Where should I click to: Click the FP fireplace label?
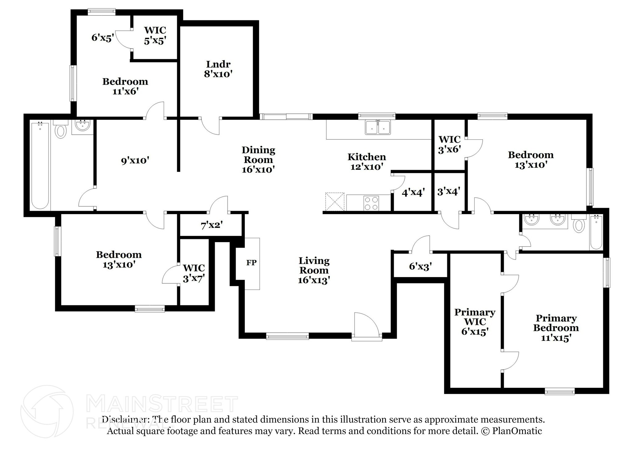pyautogui.click(x=251, y=263)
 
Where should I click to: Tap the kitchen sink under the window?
pyautogui.click(x=378, y=127)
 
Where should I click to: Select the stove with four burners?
pyautogui.click(x=371, y=203)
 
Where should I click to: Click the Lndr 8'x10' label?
pyautogui.click(x=218, y=69)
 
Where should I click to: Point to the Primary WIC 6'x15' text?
pyautogui.click(x=475, y=322)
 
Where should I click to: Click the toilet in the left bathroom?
pyautogui.click(x=61, y=131)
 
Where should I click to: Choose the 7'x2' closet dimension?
pyautogui.click(x=212, y=225)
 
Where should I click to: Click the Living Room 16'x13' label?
pyautogui.click(x=314, y=270)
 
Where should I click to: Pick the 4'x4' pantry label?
pyautogui.click(x=413, y=193)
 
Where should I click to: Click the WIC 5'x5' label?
pyautogui.click(x=155, y=35)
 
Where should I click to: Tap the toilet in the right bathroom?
pyautogui.click(x=579, y=225)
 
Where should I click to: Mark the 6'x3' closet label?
pyautogui.click(x=421, y=266)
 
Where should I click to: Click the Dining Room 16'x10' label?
pyautogui.click(x=258, y=159)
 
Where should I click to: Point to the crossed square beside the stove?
pyautogui.click(x=335, y=202)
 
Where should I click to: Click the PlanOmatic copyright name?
pyautogui.click(x=517, y=431)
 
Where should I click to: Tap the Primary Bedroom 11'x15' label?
pyautogui.click(x=556, y=328)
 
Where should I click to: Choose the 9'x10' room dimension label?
pyautogui.click(x=135, y=160)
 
